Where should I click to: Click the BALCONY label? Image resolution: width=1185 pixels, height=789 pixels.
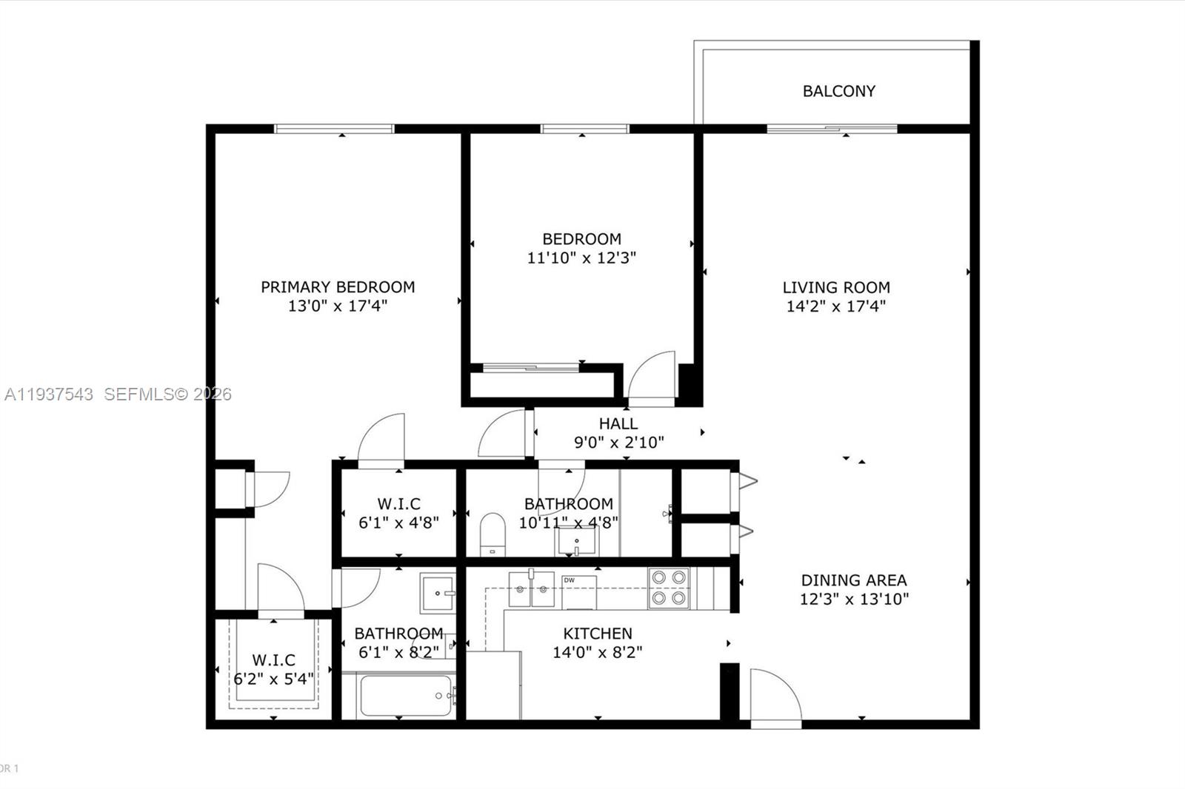click(x=838, y=91)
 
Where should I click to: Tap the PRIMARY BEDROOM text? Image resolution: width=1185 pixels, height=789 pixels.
click(x=338, y=287)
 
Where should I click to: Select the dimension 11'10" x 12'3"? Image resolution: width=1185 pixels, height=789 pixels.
click(x=581, y=258)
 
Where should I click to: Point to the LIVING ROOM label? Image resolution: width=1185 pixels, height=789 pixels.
click(x=836, y=287)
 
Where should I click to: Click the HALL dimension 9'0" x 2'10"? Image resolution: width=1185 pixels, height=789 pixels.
click(x=618, y=443)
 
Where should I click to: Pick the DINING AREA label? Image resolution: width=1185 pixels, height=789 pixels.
click(x=853, y=580)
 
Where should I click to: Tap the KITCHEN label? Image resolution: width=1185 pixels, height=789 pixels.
click(x=597, y=634)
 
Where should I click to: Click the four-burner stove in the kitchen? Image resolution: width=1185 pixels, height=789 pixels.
click(x=669, y=588)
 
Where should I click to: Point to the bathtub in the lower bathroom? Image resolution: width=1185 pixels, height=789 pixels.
click(x=405, y=696)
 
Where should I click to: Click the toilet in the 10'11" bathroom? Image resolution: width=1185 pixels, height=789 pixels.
click(x=493, y=533)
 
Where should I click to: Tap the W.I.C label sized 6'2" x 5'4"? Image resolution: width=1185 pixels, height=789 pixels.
click(x=273, y=659)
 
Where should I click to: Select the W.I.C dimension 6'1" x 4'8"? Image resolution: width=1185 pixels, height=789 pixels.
click(x=398, y=523)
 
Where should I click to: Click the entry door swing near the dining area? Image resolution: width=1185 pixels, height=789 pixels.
click(x=774, y=696)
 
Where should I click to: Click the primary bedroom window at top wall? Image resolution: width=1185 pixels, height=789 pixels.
click(x=334, y=129)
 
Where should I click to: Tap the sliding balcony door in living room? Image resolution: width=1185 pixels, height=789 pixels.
click(x=832, y=129)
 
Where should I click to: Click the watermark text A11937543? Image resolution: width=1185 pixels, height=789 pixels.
click(x=49, y=394)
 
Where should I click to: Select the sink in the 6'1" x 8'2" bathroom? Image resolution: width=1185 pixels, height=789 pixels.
click(x=438, y=593)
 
